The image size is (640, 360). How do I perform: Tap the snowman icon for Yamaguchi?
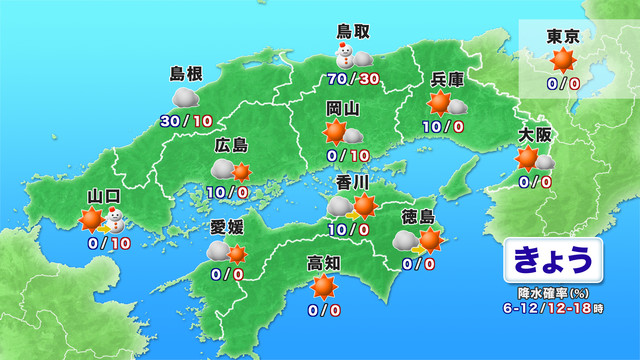(117, 219)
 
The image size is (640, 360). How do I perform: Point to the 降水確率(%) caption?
(552, 294)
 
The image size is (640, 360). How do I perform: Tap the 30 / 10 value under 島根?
(185, 120)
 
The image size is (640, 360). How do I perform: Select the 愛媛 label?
(226, 227)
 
